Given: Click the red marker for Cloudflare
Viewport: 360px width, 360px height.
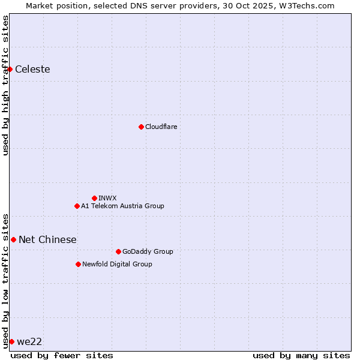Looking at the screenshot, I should pos(141,127).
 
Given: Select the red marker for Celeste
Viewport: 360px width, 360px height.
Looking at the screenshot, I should pos(10,69).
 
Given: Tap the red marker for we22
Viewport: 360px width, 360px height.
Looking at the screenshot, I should pos(11,341).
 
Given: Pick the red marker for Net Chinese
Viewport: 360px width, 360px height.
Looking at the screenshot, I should pos(13,239).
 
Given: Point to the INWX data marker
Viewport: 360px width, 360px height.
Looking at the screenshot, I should pos(94,198).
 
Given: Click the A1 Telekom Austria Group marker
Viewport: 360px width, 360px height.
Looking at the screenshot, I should pos(77,206).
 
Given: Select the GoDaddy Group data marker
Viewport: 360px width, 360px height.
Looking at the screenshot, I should pos(118,251).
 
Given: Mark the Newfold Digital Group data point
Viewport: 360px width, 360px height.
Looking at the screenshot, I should pos(78,264).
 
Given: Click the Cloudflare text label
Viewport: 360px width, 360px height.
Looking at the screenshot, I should pos(161,127).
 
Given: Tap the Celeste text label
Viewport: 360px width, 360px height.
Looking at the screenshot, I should pos(32,69).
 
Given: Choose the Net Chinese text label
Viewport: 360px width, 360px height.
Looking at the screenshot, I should pos(47,239).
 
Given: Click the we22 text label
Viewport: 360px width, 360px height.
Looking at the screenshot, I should pos(29,341).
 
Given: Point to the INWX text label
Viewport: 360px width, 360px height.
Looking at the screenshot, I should pos(107,198).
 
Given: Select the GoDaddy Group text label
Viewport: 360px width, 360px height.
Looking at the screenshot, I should pos(147,251).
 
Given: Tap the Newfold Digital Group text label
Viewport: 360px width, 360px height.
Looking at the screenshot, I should pos(117,264).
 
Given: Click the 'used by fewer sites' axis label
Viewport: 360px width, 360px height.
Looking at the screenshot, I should pos(62,355).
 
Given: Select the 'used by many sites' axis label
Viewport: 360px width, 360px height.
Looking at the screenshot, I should pos(301,355).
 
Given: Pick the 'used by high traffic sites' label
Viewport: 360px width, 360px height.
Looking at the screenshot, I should pos(5,85).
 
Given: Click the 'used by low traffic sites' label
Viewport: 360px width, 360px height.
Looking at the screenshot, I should pos(5,280).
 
